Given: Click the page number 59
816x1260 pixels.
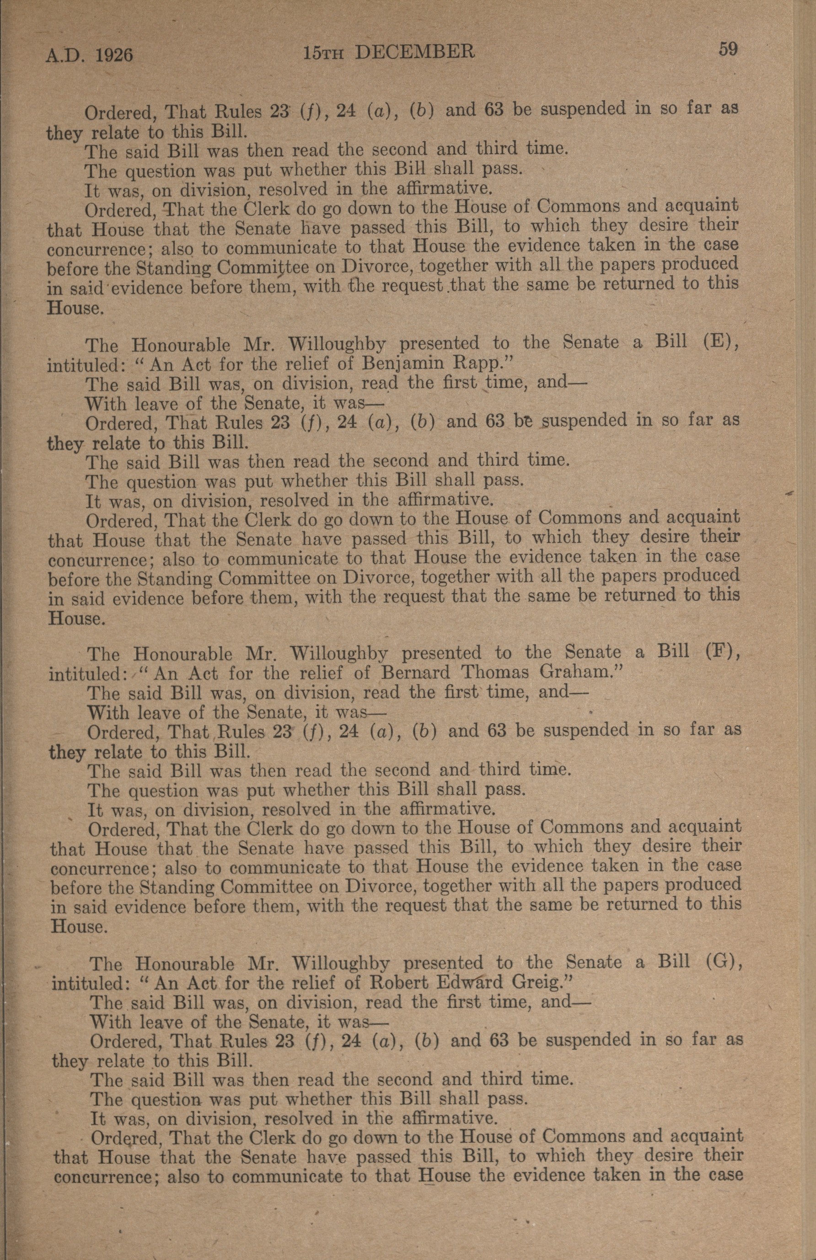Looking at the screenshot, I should point(728,49).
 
